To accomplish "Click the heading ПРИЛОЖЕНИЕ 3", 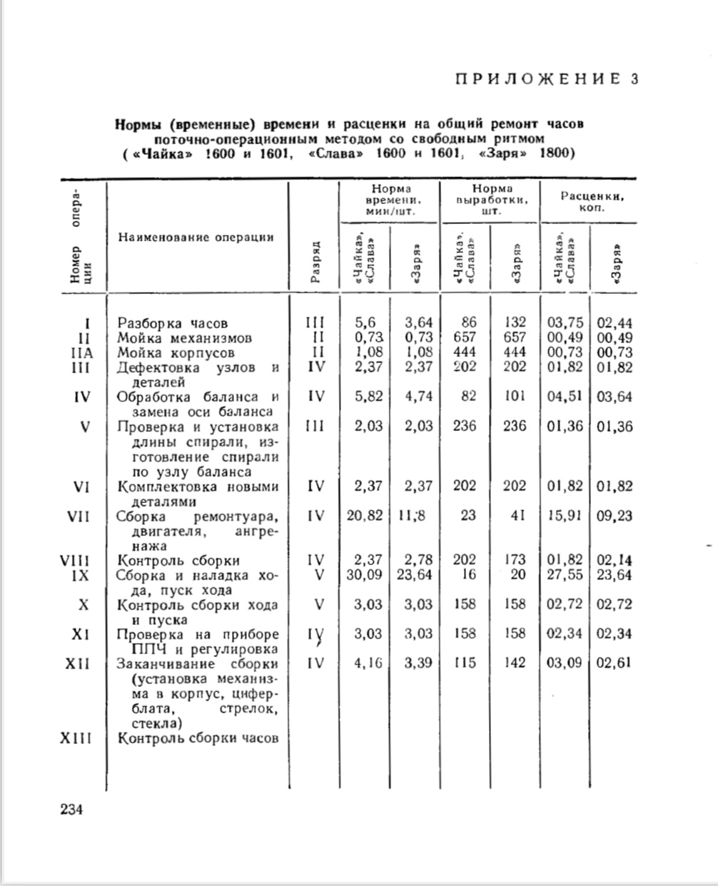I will point(546,79).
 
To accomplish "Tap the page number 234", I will point(72,809).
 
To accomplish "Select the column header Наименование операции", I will point(196,237).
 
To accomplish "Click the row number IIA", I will point(82,352).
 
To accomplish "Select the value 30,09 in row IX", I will point(365,575).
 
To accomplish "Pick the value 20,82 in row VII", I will point(365,516).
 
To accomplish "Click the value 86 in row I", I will point(468,323).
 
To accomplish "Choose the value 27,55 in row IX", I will point(565,575).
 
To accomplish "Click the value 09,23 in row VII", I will point(615,516).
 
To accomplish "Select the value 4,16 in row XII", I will point(368,663).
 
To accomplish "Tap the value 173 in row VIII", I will point(514,561).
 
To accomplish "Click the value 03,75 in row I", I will point(565,323).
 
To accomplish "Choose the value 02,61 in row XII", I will point(615,663).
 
